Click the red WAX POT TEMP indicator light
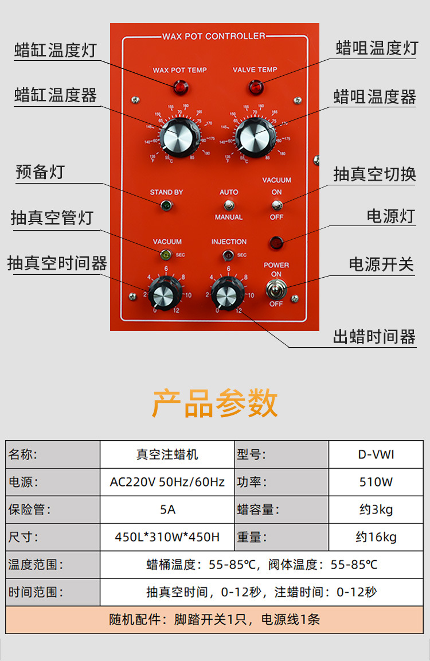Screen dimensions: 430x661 pos(181,88)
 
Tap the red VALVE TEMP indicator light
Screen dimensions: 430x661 pos(255,88)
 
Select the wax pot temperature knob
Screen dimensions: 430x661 pos(178,137)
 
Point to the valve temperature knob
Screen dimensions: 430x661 pos(253,137)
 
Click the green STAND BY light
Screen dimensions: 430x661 pos(166,205)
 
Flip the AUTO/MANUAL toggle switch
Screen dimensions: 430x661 pos(229,205)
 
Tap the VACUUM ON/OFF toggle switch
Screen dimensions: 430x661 pos(276,205)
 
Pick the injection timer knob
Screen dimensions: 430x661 pos(227,293)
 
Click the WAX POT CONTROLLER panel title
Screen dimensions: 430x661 pos(214,36)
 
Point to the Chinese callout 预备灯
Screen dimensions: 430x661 pos(40,172)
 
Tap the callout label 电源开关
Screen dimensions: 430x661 pos(381,264)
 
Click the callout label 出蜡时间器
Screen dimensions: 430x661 pos(374,337)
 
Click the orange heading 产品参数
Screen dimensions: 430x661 pos(215,403)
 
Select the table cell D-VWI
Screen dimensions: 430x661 pos(376,455)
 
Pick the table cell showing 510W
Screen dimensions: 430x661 pos(376,482)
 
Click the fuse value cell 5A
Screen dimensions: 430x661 pos(167,510)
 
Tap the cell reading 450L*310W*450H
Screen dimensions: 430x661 pos(167,538)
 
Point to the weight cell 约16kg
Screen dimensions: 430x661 pos(376,538)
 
